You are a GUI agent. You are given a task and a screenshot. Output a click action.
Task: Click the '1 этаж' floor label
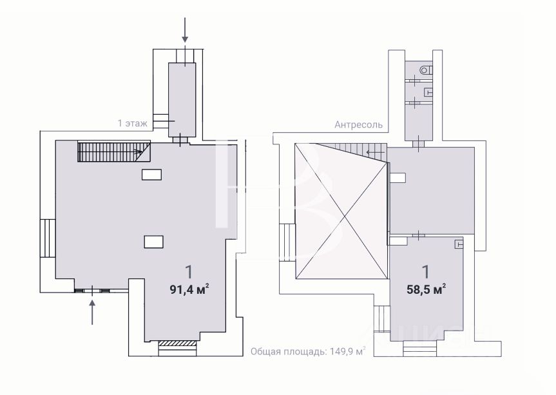(x=132, y=123)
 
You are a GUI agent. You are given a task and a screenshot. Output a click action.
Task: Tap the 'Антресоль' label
(x=358, y=125)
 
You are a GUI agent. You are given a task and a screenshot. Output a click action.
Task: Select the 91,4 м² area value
(x=189, y=289)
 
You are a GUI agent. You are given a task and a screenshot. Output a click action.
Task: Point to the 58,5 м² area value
(x=426, y=289)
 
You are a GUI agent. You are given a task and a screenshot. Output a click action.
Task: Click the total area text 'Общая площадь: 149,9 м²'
(x=308, y=351)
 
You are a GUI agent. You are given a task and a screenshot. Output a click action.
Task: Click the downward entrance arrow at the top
(x=185, y=30)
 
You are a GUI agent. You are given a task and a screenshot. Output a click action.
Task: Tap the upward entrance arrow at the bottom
(x=92, y=312)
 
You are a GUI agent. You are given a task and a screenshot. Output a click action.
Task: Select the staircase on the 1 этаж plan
(x=114, y=151)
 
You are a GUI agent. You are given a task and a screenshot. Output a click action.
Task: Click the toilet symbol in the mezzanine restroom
(x=426, y=70)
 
